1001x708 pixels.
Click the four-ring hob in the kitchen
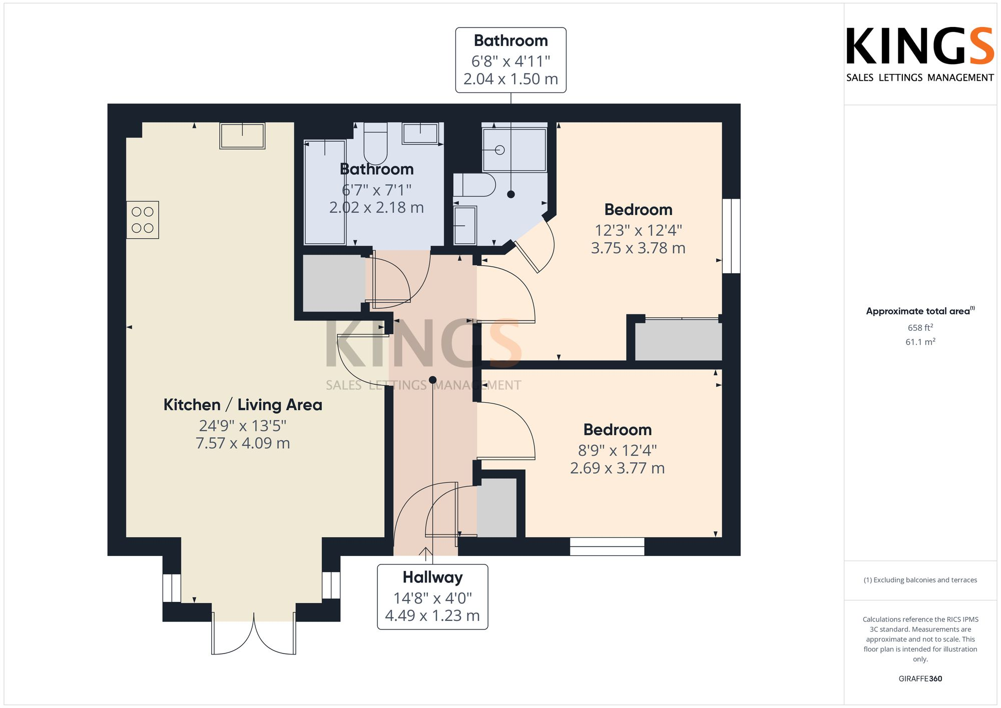coord(143,220)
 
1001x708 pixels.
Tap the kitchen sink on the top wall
coord(242,136)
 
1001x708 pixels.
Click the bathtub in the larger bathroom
coord(325,193)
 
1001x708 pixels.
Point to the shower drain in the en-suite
coord(499,150)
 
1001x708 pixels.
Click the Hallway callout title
coord(432,577)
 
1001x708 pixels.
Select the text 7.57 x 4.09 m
coord(243,443)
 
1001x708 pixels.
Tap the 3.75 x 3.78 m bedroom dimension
coord(638,248)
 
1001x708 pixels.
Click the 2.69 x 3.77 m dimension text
coord(617,468)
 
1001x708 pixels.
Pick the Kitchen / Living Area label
coord(243,405)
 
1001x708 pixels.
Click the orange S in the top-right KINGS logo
coord(980,47)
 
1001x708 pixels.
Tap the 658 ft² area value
coord(920,328)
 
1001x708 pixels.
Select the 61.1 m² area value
coord(920,342)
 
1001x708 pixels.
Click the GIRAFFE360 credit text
coord(920,679)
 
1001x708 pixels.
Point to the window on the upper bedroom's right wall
coord(731,236)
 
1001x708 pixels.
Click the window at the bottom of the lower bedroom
coord(607,546)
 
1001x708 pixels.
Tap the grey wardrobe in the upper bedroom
coord(678,340)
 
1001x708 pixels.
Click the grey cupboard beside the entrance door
coord(496,508)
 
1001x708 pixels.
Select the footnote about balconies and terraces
coord(920,580)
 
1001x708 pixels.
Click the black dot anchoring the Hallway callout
coord(433,380)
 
